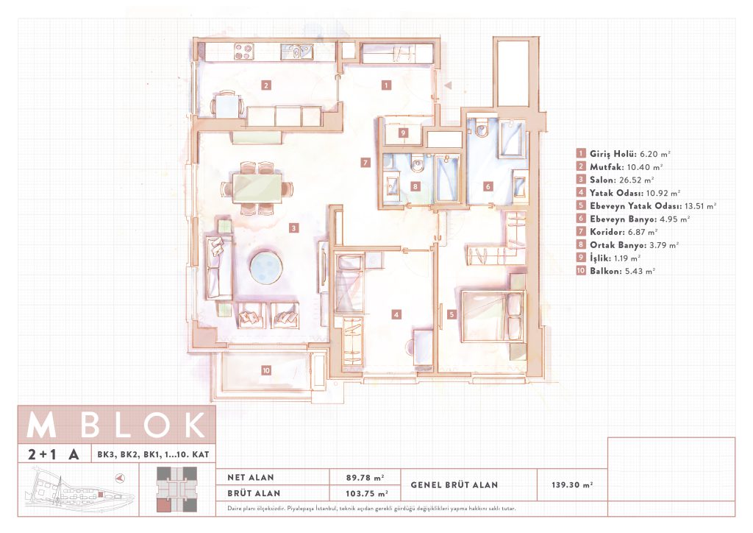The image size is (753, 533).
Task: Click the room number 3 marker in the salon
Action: (x=294, y=228)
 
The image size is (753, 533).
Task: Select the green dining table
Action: (x=257, y=188)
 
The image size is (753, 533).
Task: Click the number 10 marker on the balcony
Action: (x=266, y=370)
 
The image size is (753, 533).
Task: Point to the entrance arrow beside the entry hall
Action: (x=448, y=85)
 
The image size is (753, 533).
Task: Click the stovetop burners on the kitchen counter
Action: (x=244, y=52)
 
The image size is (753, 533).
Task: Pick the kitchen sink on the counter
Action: (x=297, y=52)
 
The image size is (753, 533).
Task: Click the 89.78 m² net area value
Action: (x=365, y=478)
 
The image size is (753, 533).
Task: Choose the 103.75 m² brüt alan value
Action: (x=367, y=493)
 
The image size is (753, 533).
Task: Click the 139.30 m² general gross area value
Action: (x=572, y=485)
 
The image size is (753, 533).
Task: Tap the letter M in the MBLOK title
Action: (x=41, y=425)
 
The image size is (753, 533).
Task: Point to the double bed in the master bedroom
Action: (x=492, y=315)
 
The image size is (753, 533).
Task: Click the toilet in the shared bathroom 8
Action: (x=417, y=163)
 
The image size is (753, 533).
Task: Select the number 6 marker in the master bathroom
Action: (x=488, y=186)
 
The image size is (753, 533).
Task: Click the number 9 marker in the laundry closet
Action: (x=404, y=133)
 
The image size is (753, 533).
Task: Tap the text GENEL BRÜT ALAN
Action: (x=454, y=485)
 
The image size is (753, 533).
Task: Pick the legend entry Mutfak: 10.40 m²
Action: (x=620, y=167)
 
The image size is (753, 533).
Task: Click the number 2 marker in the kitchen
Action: (x=266, y=85)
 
